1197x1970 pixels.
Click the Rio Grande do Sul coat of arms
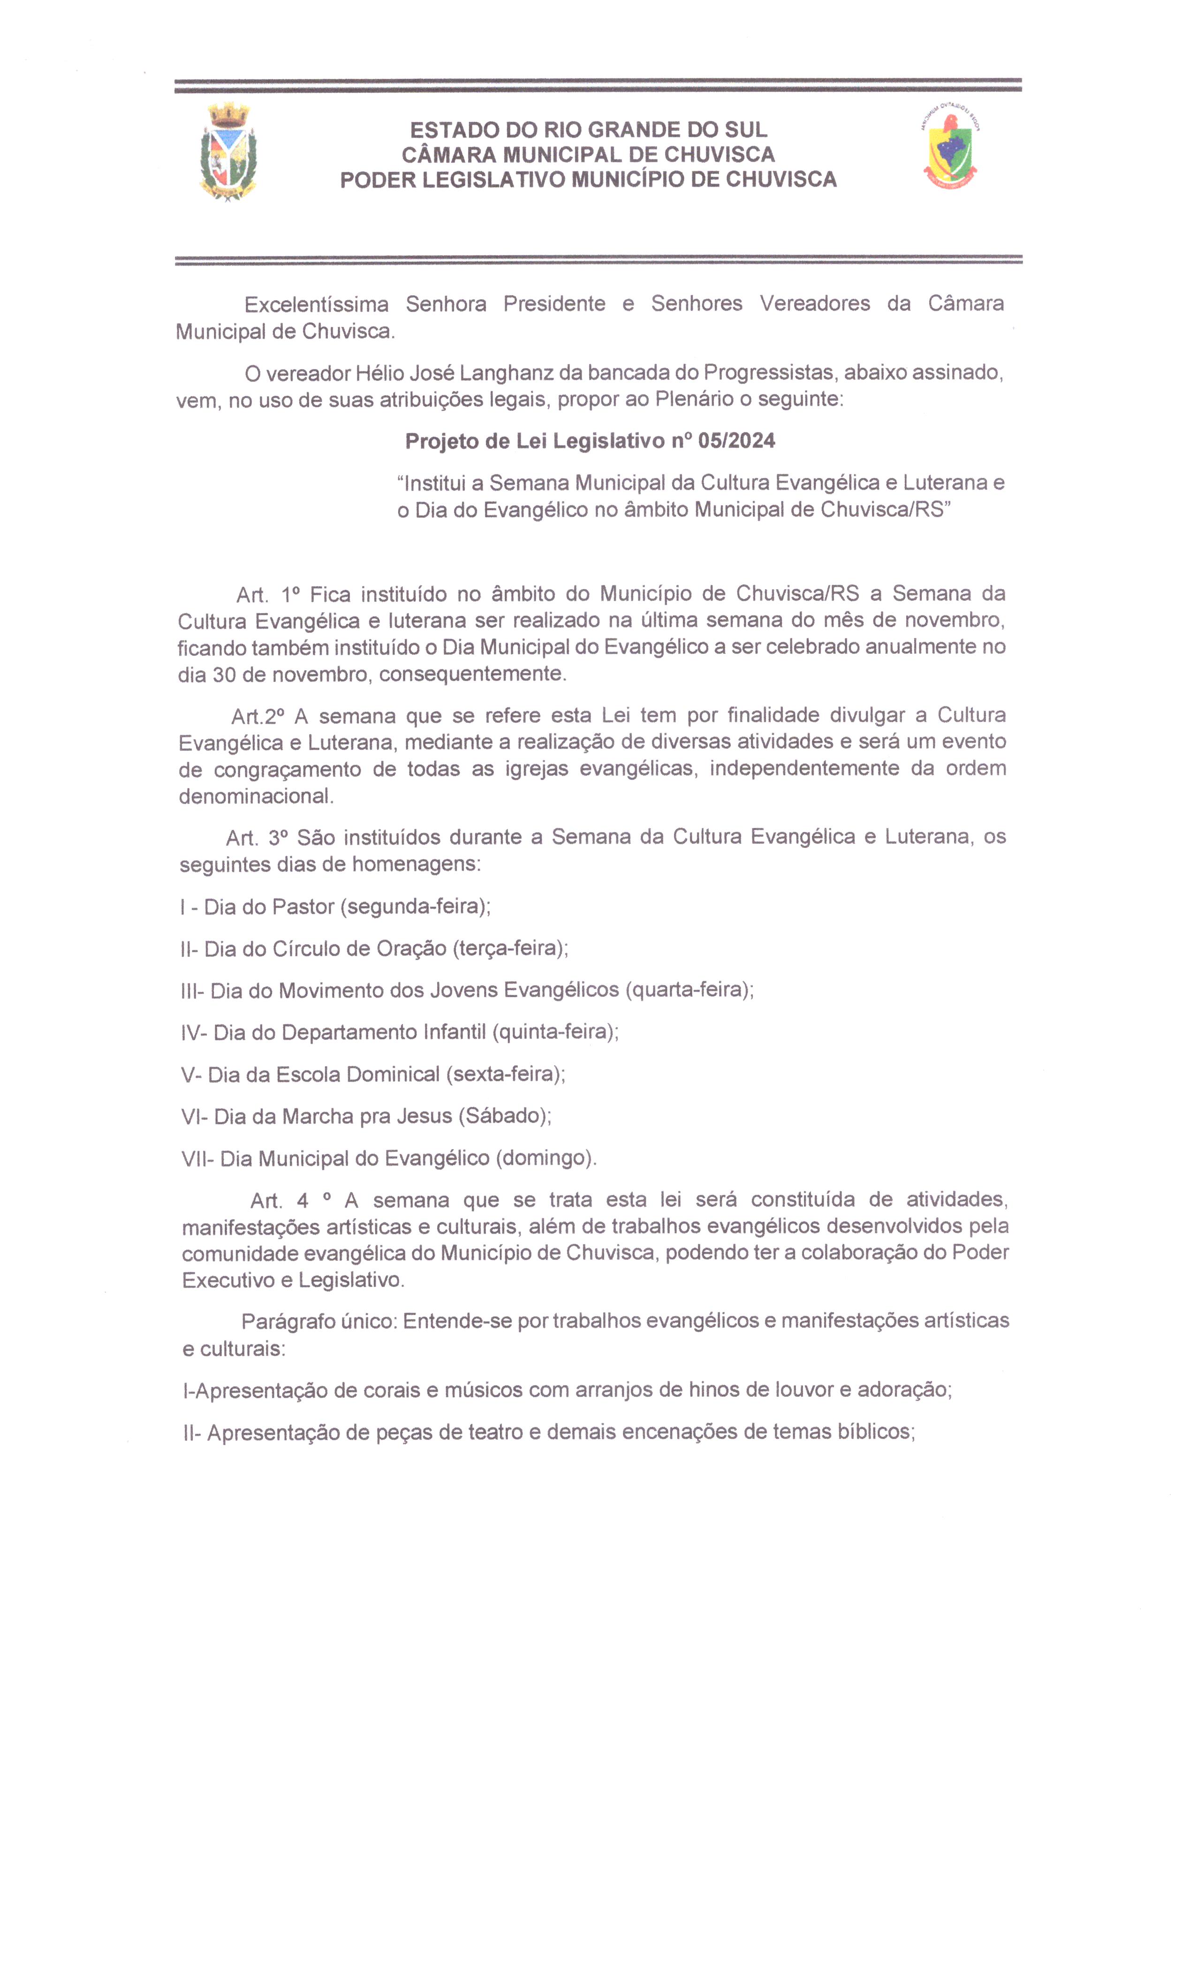[x=228, y=152]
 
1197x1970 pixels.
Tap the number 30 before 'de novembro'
[x=223, y=674]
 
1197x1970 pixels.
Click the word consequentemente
[x=472, y=674]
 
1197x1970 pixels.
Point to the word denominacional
[x=254, y=796]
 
